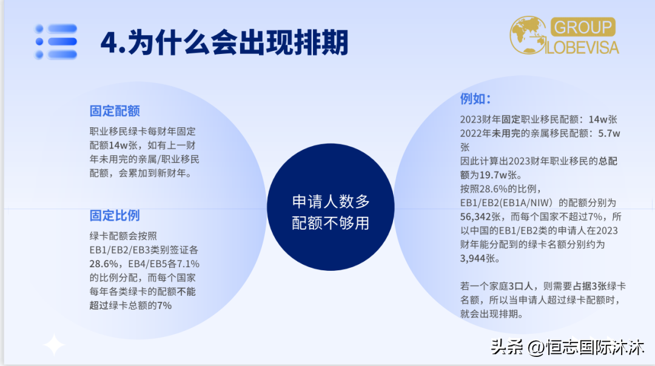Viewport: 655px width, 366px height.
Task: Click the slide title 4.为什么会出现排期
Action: tap(224, 42)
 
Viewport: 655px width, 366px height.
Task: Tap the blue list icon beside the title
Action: tap(56, 41)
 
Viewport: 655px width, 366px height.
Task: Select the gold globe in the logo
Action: tap(528, 35)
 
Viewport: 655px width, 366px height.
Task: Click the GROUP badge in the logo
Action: tap(583, 27)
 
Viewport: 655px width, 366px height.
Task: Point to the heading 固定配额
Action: tap(115, 111)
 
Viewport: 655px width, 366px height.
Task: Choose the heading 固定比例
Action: tap(115, 215)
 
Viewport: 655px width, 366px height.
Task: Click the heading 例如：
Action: tap(475, 99)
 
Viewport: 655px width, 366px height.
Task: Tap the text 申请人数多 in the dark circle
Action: tap(331, 202)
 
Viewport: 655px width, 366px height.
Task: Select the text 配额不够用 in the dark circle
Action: tap(331, 223)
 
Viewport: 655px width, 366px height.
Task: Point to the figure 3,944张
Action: tap(480, 258)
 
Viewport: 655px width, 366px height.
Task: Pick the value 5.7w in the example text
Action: tap(609, 133)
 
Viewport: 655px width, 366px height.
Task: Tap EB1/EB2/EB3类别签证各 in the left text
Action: tap(144, 250)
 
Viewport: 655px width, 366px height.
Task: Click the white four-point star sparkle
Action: tap(55, 345)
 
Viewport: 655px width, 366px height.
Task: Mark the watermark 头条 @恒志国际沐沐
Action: tap(567, 347)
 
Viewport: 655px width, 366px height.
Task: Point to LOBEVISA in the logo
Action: tap(582, 47)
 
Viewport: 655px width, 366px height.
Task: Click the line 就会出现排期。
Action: tap(492, 314)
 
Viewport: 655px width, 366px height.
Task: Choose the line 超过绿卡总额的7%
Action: tap(130, 305)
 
